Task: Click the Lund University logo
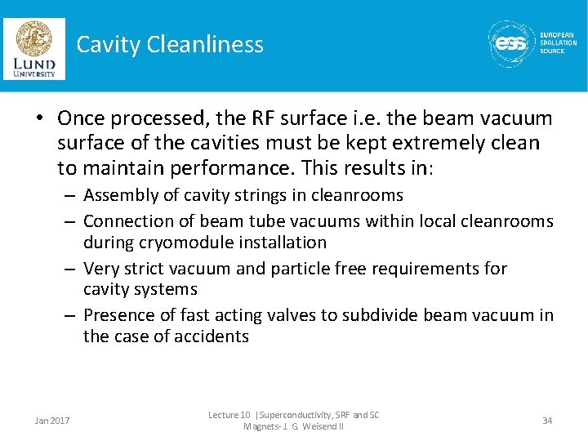pos(34,49)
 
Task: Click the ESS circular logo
pos(511,43)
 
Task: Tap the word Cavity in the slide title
pos(108,44)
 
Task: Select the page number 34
pos(547,420)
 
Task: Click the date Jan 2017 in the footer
pos(52,421)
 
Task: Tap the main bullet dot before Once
pos(39,119)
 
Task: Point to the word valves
pos(312,315)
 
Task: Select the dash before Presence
pos(72,315)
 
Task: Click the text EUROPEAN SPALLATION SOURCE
pos(559,43)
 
